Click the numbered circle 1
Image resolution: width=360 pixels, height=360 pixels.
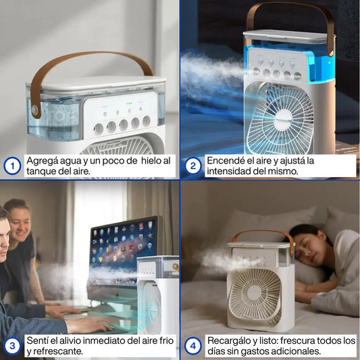coord(12,165)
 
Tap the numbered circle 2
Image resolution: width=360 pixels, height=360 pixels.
coord(193,165)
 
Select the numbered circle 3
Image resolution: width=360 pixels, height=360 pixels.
coord(12,346)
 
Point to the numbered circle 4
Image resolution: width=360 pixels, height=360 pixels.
coord(193,346)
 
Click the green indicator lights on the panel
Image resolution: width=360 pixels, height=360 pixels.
coord(129,103)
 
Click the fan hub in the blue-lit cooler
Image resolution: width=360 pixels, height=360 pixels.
coord(283,120)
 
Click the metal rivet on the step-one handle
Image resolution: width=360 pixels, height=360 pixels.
coord(35,109)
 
